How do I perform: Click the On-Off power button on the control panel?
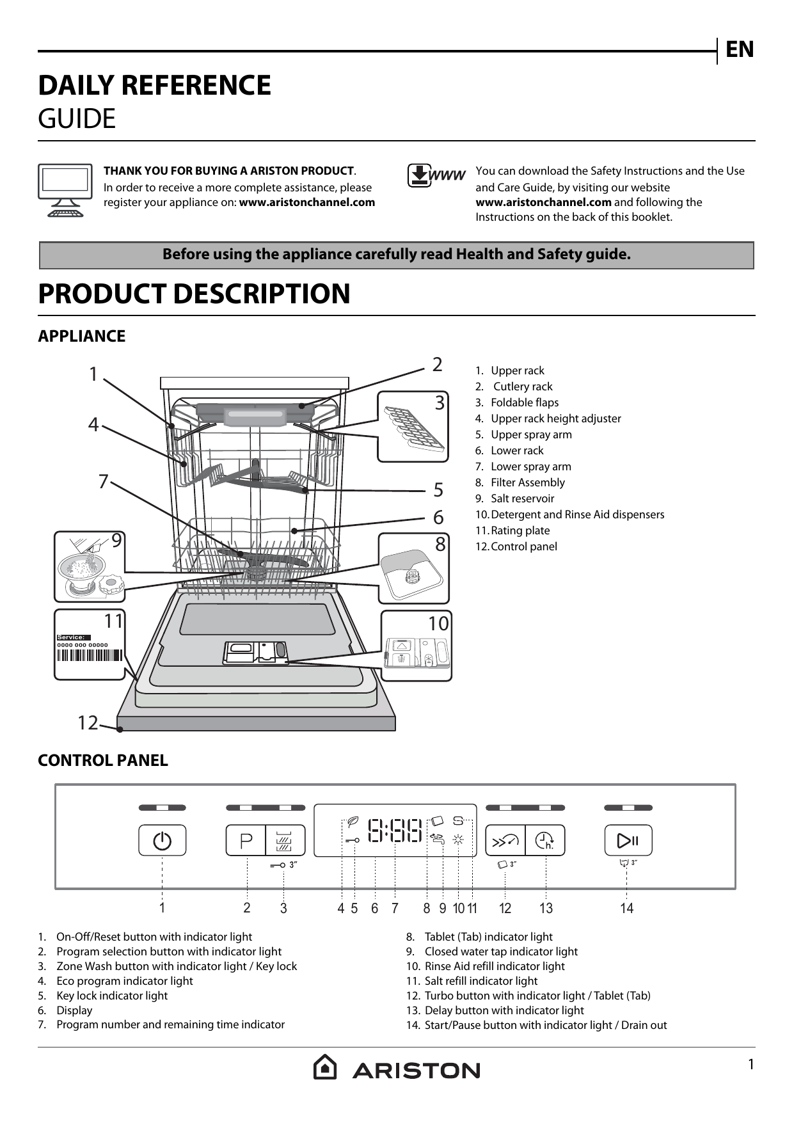pos(163,840)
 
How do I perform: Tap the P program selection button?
pos(246,840)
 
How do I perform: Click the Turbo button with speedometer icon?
pos(505,840)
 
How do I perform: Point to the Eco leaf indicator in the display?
pos(351,821)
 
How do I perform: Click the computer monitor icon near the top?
pos(65,190)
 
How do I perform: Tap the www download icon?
pos(436,176)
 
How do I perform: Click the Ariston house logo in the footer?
pos(325,1067)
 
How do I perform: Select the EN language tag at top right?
pos(740,50)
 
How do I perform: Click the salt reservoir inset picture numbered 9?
pos(90,567)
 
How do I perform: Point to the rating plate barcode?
pos(90,655)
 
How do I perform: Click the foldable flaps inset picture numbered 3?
pos(413,426)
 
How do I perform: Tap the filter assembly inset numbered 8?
pos(413,569)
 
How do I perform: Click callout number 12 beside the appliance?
pos(88,723)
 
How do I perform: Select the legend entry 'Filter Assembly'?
pos(527,482)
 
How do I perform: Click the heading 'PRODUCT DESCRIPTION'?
pos(194,294)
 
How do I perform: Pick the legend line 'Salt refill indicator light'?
pos(480,981)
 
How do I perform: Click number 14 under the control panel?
pos(626,908)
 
